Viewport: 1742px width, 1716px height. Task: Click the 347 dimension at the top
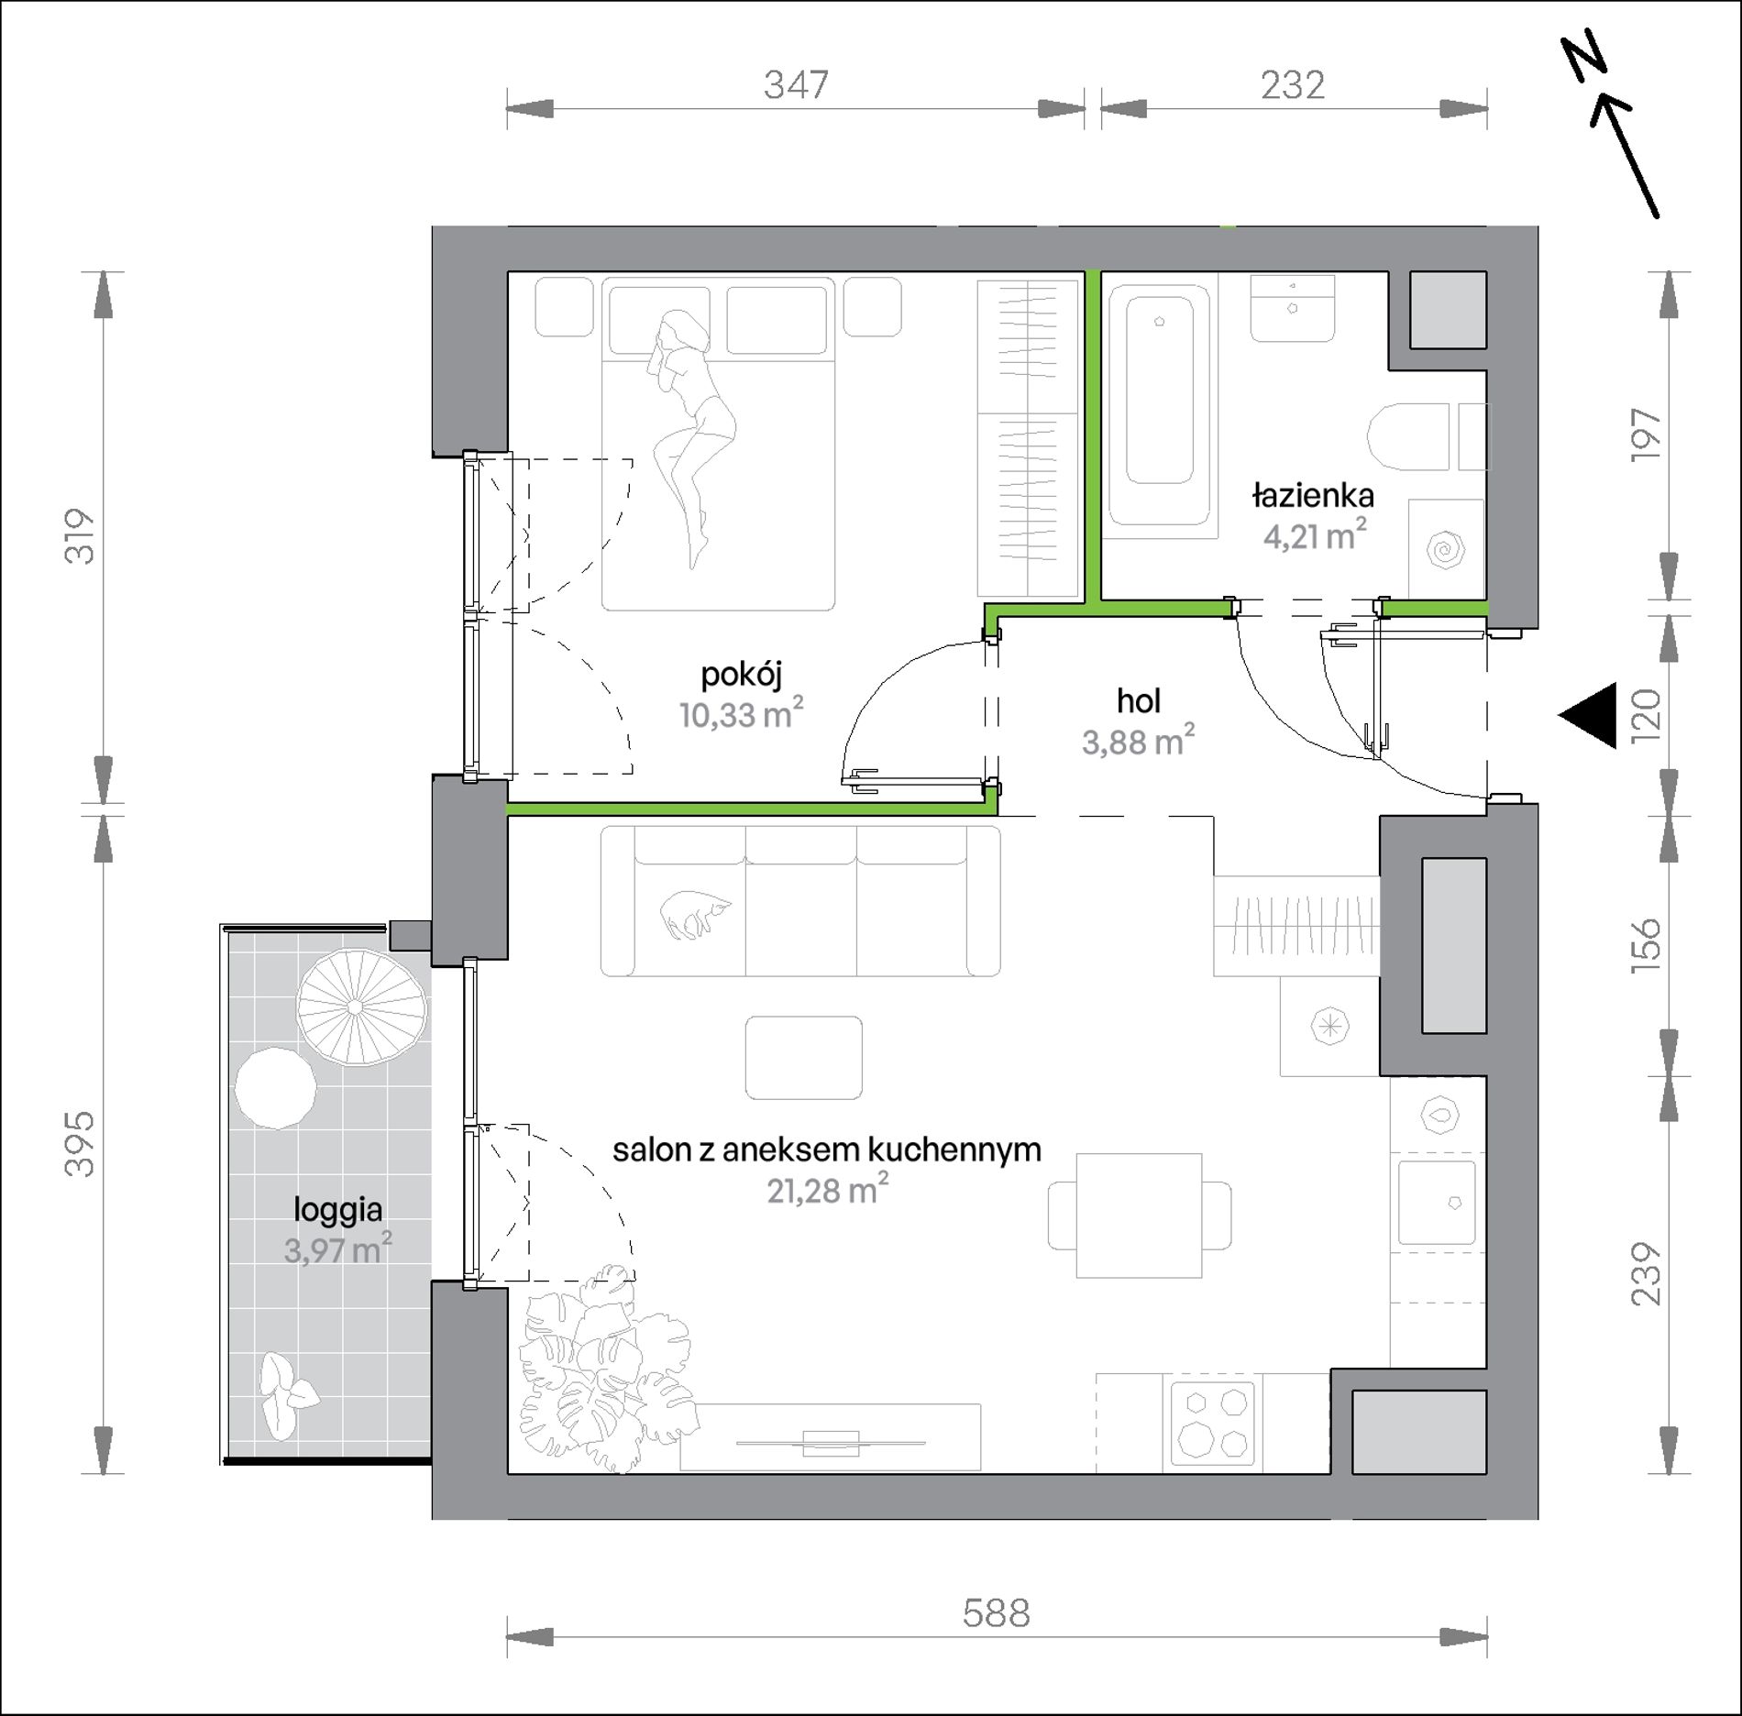[x=796, y=85]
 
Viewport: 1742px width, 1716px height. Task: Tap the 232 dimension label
[x=1293, y=85]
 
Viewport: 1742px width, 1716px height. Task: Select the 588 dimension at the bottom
[x=997, y=1612]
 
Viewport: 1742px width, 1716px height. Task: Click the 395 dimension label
[x=81, y=1143]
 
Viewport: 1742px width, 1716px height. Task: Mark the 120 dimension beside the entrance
[x=1647, y=715]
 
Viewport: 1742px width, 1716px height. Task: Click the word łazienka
[x=1313, y=496]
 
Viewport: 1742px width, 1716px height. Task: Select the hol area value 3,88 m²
[x=1139, y=741]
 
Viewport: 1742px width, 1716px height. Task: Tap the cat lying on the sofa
[x=696, y=915]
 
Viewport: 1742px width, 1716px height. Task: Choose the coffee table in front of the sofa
[x=804, y=1058]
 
